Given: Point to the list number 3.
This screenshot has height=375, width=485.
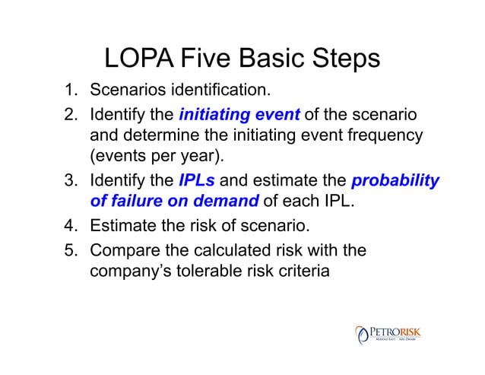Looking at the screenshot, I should (x=71, y=182).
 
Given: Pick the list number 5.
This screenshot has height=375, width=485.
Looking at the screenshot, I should (x=71, y=249).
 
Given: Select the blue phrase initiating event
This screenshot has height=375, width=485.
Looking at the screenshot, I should (x=239, y=116).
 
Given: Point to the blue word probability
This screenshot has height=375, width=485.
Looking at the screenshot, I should (x=395, y=182).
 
